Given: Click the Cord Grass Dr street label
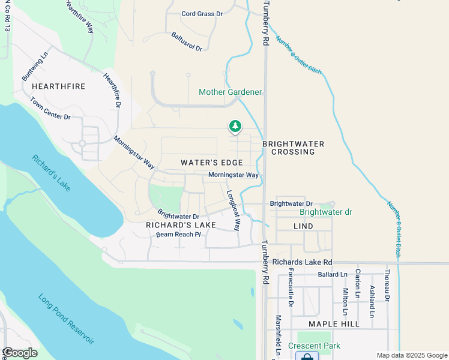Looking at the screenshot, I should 202,13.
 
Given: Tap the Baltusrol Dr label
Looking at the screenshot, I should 187,41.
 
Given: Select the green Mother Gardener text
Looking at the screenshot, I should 231,92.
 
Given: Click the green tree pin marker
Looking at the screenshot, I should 235,127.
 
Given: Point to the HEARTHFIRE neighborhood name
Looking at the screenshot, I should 59,86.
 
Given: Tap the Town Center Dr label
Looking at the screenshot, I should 50,109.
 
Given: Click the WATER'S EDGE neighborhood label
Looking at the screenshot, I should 212,163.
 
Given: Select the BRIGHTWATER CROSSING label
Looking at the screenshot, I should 294,148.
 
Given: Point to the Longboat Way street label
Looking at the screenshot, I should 233,211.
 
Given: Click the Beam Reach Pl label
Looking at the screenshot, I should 178,234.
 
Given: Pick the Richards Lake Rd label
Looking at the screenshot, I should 302,262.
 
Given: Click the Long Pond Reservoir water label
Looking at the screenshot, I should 66,319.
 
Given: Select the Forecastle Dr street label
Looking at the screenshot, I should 291,287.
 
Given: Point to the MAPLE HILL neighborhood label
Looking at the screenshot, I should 334,324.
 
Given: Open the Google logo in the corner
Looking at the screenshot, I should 20,353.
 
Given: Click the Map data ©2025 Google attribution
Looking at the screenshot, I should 411,355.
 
